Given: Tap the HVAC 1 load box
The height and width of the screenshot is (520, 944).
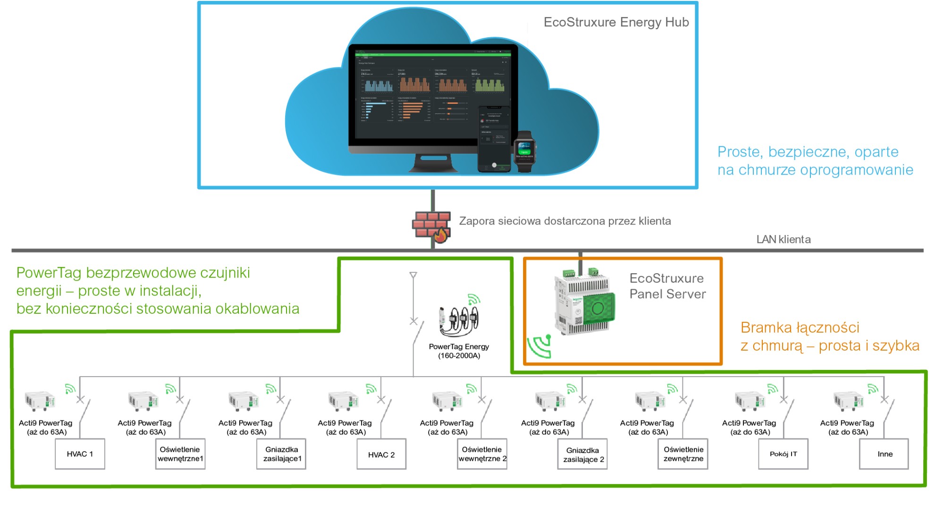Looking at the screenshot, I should click(x=80, y=454).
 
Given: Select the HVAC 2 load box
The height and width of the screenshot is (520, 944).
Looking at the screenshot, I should click(x=381, y=454).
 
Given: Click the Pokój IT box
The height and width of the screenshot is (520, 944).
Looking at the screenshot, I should click(x=783, y=454).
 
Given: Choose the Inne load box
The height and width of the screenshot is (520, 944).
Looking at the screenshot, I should click(x=884, y=454).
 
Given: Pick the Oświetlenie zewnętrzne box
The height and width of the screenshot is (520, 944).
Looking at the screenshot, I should click(x=683, y=454).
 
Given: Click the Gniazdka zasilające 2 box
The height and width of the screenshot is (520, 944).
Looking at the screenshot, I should click(x=583, y=454).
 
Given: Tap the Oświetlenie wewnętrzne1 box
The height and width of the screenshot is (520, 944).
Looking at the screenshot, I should click(x=180, y=454).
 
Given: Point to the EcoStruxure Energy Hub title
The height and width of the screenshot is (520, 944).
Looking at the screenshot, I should click(x=616, y=22).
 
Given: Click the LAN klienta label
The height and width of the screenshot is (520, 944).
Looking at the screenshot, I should click(x=784, y=240).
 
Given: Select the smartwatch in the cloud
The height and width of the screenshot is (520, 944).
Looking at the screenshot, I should click(x=525, y=151).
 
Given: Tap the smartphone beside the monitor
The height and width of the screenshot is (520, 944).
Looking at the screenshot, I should click(x=494, y=139).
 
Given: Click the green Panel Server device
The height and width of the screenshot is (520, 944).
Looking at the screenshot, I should click(x=585, y=302).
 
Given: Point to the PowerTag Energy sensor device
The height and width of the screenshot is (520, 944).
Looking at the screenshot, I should click(x=460, y=318).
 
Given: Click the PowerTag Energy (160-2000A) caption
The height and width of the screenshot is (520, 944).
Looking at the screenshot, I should click(x=459, y=351).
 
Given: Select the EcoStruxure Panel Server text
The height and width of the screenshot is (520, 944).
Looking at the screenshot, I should click(x=667, y=286).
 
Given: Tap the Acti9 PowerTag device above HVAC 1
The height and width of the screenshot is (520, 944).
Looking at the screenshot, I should click(x=40, y=401).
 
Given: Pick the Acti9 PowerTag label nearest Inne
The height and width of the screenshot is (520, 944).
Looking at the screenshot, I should click(x=847, y=427).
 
